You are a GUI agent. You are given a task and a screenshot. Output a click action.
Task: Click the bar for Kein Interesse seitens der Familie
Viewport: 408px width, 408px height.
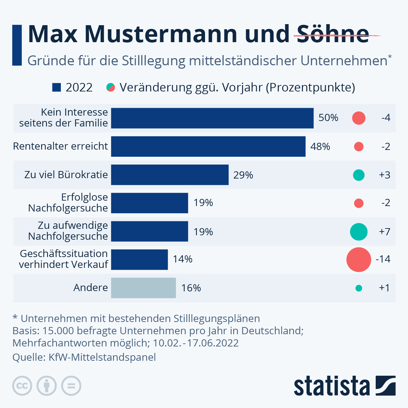tap(212, 118)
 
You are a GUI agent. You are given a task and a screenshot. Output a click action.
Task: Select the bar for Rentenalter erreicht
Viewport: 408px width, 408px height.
tap(208, 147)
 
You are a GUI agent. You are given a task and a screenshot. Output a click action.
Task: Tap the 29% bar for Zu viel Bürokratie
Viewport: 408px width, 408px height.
tap(170, 175)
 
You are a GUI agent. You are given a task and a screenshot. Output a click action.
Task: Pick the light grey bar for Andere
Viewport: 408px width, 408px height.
tap(143, 288)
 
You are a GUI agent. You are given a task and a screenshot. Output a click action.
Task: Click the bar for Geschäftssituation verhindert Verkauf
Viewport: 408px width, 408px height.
tap(139, 259)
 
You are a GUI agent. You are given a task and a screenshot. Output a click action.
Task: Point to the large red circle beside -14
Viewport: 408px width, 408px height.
tap(359, 259)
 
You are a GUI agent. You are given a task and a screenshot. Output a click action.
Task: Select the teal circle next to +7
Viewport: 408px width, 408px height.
tap(359, 232)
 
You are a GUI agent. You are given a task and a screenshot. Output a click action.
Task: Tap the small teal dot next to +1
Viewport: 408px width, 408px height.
tap(359, 288)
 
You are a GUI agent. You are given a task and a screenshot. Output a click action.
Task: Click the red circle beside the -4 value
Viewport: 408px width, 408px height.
tap(359, 118)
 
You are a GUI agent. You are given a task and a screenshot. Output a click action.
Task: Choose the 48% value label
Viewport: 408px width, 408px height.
tap(320, 147)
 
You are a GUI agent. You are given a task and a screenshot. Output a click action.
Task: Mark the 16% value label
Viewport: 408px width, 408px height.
tap(191, 288)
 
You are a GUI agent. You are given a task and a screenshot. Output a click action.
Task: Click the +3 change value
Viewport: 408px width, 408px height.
tap(385, 175)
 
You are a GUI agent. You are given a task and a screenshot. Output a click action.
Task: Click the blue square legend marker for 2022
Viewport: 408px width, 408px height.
tap(56, 88)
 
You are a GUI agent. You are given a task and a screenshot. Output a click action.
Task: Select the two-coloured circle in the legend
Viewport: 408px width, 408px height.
tap(111, 88)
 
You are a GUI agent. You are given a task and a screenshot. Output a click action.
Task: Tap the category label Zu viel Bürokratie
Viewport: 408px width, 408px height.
tap(66, 175)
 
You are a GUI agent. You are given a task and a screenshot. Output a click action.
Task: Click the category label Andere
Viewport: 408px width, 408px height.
tap(90, 288)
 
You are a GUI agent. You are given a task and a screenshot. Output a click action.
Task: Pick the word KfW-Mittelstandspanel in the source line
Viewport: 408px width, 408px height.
tap(102, 357)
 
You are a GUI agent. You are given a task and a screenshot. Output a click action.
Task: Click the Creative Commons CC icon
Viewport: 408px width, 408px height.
tap(22, 386)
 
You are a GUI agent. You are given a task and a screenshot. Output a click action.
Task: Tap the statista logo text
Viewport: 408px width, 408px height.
tap(331, 386)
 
